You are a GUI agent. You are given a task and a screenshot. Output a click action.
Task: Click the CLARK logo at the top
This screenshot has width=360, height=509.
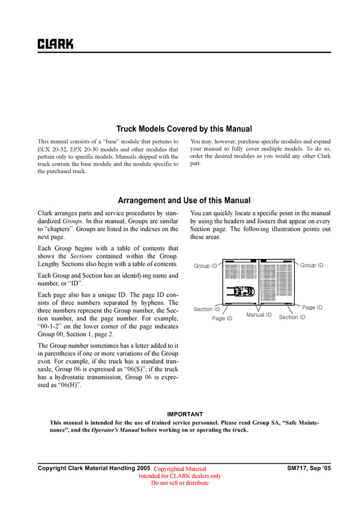(56, 44)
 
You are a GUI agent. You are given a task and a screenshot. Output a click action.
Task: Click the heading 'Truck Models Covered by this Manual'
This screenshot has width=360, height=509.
(184, 128)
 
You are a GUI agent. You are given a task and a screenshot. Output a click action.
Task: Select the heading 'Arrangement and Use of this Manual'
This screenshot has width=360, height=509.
(184, 200)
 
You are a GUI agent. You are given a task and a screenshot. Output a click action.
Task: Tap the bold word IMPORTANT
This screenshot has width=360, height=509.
(185, 414)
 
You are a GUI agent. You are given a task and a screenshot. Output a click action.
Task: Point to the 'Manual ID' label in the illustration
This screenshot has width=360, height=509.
(259, 315)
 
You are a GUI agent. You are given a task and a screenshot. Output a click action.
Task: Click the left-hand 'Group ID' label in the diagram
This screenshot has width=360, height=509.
(205, 266)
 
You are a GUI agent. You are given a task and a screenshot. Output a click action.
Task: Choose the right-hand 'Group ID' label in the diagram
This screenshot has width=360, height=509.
(311, 265)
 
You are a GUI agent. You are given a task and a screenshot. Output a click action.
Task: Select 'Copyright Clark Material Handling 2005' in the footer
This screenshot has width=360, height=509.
(94, 468)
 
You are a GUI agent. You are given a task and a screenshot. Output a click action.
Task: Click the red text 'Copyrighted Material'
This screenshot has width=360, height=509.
(180, 469)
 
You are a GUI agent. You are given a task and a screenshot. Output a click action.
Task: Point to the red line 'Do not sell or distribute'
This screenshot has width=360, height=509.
(180, 483)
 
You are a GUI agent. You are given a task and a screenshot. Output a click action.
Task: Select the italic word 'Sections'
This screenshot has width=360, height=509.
(83, 256)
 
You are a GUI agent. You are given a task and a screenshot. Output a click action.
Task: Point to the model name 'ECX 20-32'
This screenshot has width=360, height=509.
(53, 149)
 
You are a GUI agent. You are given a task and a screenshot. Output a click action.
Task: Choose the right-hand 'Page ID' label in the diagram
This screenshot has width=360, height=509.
(312, 308)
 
